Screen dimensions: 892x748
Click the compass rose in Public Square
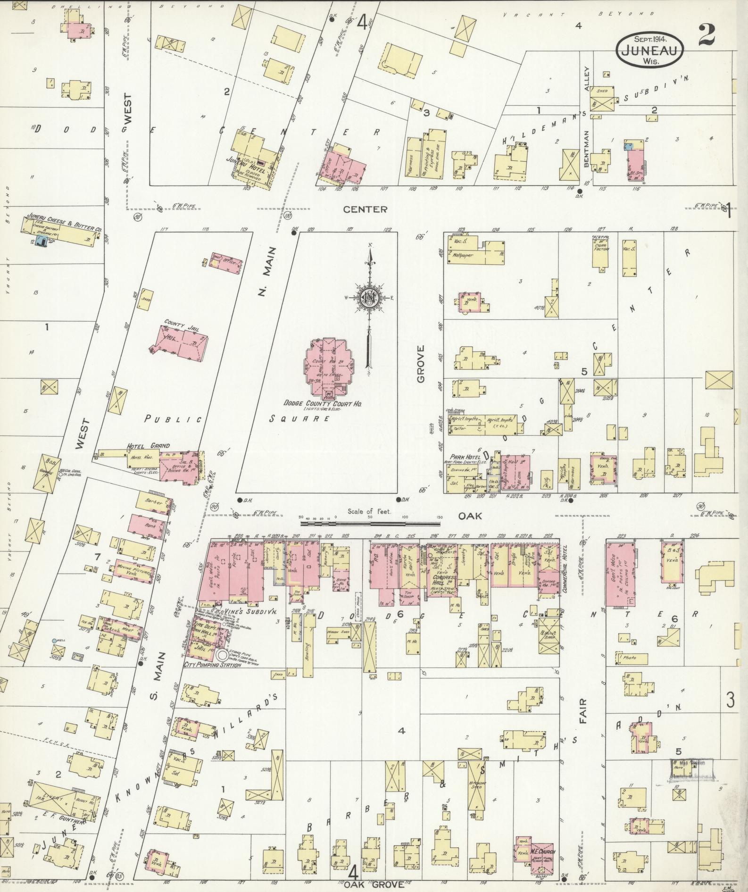(367, 299)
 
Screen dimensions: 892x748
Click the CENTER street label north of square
(365, 209)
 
